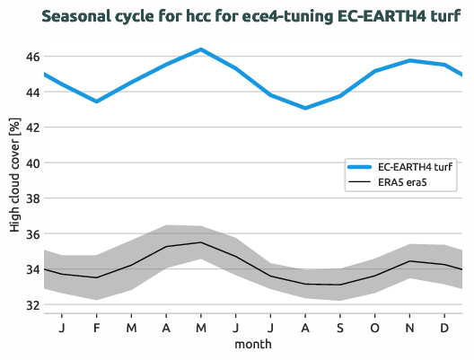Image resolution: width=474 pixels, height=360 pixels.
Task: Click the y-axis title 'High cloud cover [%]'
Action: coord(14,180)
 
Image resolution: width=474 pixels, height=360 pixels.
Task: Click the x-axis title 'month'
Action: coord(253,344)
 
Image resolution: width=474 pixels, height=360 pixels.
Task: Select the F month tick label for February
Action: coord(97,327)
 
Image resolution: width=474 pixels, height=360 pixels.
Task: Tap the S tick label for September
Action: coord(340,327)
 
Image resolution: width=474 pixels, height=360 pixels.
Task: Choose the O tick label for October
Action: coord(374,327)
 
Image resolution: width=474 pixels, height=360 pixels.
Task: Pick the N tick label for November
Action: coord(409,327)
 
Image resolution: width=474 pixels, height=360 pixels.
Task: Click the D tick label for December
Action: coord(444,327)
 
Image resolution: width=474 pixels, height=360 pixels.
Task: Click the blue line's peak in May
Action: coord(201,49)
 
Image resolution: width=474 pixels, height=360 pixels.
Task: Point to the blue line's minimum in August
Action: coord(305,108)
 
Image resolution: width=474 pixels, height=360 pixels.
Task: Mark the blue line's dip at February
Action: coord(97,101)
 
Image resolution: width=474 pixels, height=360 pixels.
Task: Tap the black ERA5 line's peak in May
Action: coord(201,242)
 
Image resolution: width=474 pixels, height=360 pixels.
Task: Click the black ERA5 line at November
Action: coord(409,261)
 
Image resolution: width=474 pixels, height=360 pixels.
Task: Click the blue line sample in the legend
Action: coord(360,168)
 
